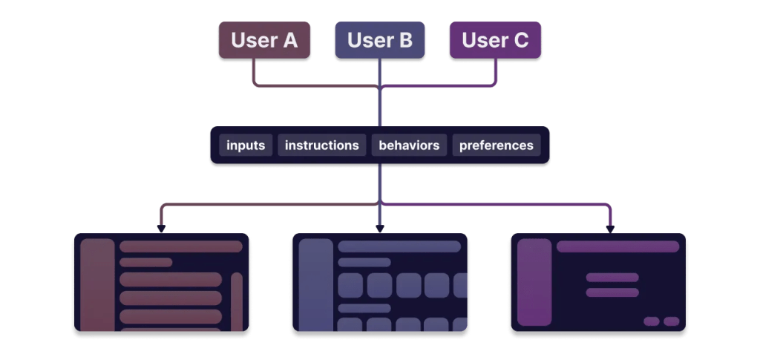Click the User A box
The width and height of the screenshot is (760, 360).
point(264,40)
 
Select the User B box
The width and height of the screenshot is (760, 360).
point(380,40)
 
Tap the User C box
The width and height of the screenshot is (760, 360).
point(495,40)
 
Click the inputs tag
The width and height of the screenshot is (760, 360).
point(246,145)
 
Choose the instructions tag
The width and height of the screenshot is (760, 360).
point(322,145)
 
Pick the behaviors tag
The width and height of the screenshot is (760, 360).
point(409,145)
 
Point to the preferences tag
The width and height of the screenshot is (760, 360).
point(496,145)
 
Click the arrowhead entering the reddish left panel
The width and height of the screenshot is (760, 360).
point(161,229)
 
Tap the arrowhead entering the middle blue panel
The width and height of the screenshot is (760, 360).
point(380,229)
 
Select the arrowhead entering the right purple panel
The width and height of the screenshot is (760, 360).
point(610,229)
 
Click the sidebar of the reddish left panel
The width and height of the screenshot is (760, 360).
point(97,285)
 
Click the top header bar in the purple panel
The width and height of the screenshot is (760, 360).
point(617,246)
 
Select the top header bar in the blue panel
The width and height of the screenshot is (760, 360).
point(399,246)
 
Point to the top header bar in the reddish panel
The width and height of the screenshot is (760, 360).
point(181,246)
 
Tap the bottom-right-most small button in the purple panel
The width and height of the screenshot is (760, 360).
point(671,321)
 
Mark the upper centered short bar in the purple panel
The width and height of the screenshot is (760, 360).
point(612,278)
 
